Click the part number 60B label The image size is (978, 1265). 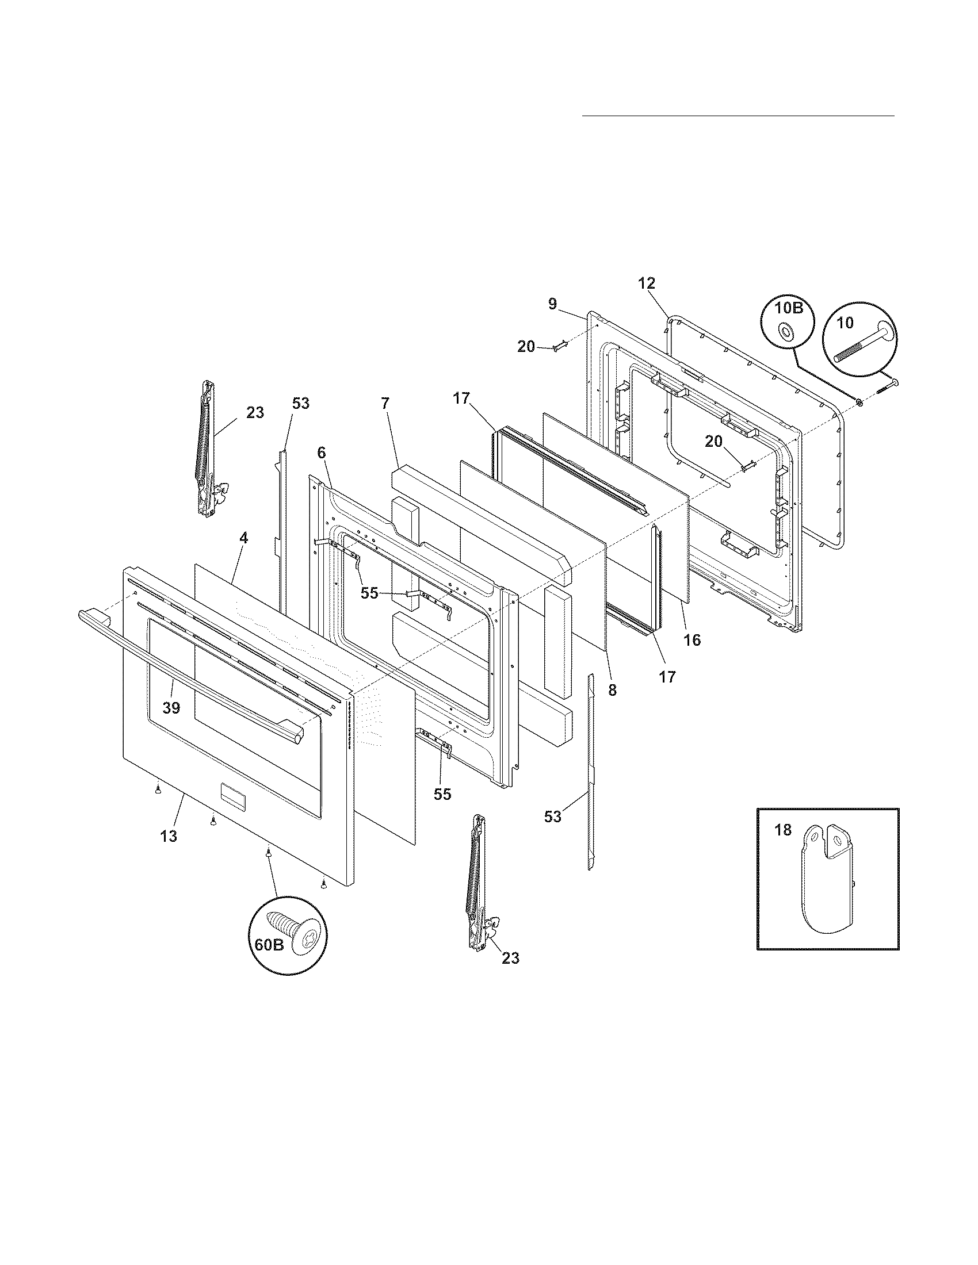pyautogui.click(x=268, y=945)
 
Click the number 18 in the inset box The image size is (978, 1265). pyautogui.click(x=782, y=830)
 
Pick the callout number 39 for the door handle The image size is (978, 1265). pyautogui.click(x=171, y=708)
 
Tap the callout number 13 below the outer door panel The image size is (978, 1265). pyautogui.click(x=169, y=837)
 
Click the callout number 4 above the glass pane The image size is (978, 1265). pyautogui.click(x=244, y=538)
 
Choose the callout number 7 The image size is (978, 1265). pyautogui.click(x=385, y=404)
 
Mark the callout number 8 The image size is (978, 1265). pyautogui.click(x=613, y=690)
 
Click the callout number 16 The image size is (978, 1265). pyautogui.click(x=692, y=640)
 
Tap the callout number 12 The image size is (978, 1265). pyautogui.click(x=647, y=283)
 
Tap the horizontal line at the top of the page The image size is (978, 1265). pyautogui.click(x=738, y=116)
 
